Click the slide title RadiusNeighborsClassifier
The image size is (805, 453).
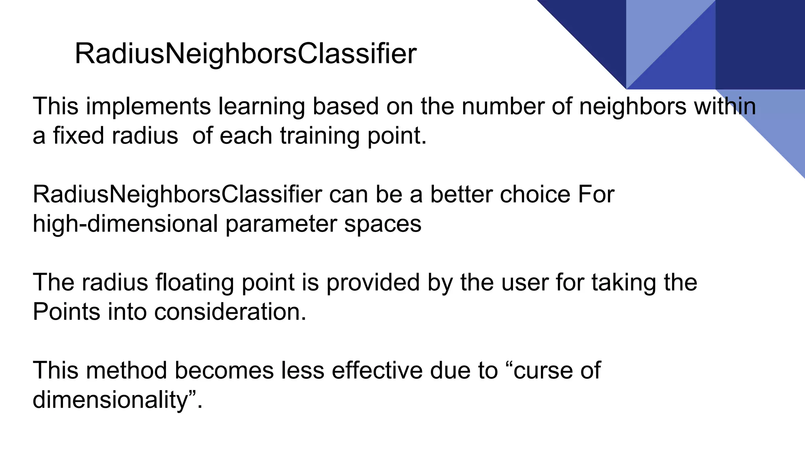[x=245, y=54]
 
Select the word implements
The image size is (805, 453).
[x=149, y=106]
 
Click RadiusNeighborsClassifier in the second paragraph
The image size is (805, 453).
[x=177, y=194]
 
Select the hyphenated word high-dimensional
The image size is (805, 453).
[x=125, y=224]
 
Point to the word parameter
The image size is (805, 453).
[x=281, y=224]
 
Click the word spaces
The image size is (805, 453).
[x=382, y=224]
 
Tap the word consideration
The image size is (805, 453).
[x=230, y=312]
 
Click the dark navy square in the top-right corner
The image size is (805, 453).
[x=760, y=44]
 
